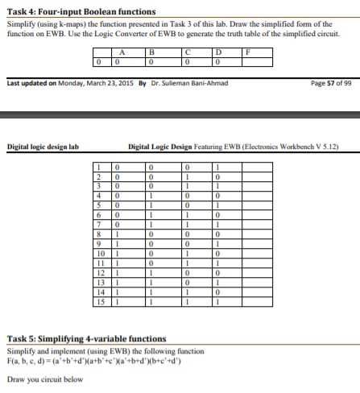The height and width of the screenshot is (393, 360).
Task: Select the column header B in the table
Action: (154, 53)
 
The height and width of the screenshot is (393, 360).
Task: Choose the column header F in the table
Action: (250, 53)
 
